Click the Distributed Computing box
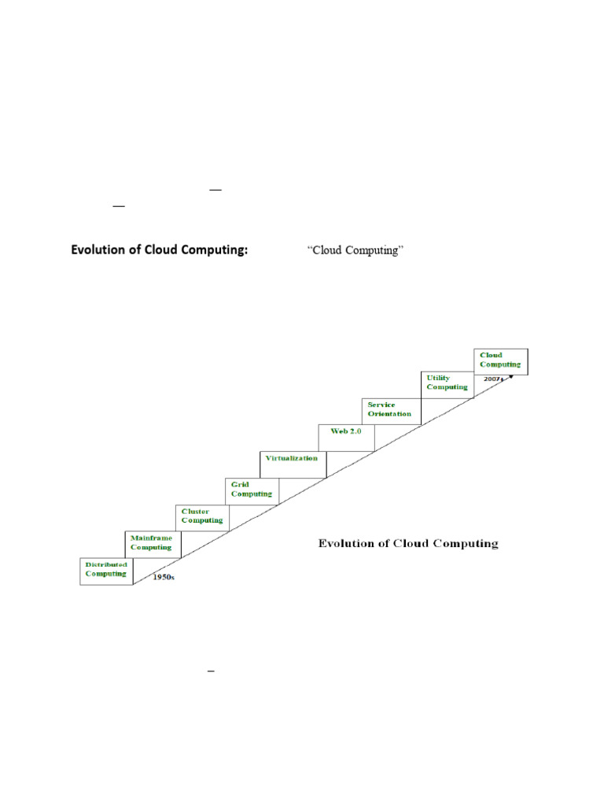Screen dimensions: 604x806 106,571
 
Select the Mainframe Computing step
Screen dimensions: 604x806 153,544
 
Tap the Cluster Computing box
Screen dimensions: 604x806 202,517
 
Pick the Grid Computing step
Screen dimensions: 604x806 252,490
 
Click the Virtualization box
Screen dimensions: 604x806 292,460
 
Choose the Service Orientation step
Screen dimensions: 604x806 392,410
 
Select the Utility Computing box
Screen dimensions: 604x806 447,383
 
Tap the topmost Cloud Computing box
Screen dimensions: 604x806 501,360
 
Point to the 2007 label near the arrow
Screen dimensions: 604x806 493,379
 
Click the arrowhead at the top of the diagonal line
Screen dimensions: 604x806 511,376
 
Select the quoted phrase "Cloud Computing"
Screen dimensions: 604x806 355,251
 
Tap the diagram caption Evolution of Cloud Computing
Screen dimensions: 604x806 407,543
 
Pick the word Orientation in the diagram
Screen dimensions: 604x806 389,414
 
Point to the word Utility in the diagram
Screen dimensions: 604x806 438,378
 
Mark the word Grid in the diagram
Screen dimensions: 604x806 240,484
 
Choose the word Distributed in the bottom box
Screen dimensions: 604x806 106,565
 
